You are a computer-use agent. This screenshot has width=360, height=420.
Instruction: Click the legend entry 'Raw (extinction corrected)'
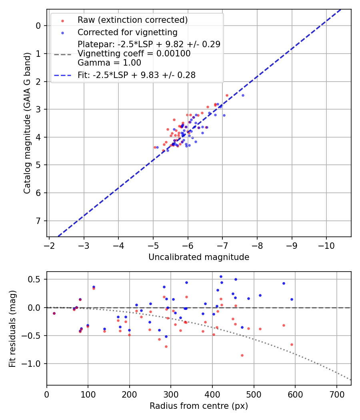(x=132, y=20)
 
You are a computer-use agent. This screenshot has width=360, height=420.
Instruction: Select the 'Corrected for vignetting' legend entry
(x=128, y=32)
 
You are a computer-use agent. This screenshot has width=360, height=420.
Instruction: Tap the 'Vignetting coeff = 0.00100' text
(x=134, y=54)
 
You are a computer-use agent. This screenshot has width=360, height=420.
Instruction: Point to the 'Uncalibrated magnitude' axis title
(x=199, y=257)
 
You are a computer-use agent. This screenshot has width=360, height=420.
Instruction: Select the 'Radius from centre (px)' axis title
(x=199, y=406)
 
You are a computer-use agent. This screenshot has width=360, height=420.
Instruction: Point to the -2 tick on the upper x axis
(x=49, y=244)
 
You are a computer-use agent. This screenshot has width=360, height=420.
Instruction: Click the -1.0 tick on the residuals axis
(x=34, y=364)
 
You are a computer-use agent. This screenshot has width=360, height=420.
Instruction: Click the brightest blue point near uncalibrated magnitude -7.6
(x=243, y=95)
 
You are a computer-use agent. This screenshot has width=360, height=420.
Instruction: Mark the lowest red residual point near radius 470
(x=242, y=355)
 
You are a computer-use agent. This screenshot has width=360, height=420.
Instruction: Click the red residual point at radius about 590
(x=292, y=344)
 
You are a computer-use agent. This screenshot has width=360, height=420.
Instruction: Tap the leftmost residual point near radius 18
(x=54, y=313)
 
